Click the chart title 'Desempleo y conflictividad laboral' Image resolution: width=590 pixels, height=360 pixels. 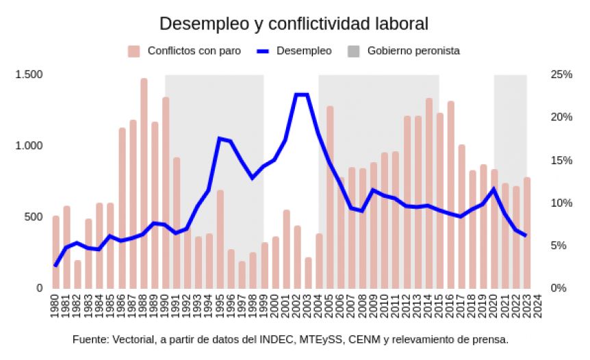click(x=294, y=24)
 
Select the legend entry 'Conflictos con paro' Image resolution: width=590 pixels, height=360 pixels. click(x=194, y=51)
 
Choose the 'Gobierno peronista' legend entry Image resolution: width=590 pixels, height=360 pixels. click(x=413, y=51)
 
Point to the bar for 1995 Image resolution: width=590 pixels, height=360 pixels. click(x=220, y=239)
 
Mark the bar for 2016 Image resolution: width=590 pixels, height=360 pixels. click(x=450, y=194)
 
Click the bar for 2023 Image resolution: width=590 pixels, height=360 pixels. click(x=527, y=233)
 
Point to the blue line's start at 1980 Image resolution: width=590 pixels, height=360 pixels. click(x=55, y=265)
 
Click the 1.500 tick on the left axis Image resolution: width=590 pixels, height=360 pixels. click(x=29, y=75)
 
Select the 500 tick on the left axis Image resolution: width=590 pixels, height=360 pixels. click(x=33, y=217)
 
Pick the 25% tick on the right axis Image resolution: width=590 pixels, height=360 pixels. click(x=561, y=75)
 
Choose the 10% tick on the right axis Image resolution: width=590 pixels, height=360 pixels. click(x=561, y=203)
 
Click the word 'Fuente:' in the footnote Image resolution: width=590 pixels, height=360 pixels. click(x=90, y=339)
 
